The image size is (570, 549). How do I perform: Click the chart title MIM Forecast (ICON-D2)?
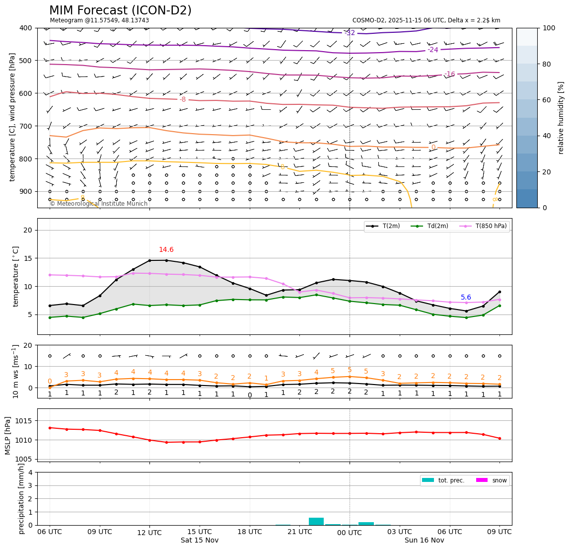[x=120, y=10]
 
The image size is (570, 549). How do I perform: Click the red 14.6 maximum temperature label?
[x=166, y=250]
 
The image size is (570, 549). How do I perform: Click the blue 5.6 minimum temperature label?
[x=466, y=298]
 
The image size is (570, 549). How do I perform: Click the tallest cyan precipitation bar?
[x=316, y=521]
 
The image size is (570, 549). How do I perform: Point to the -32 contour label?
[x=351, y=33]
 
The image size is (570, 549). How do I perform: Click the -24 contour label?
[x=433, y=50]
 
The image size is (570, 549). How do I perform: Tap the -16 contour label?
[x=449, y=74]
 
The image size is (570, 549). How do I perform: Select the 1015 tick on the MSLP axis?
[x=26, y=421]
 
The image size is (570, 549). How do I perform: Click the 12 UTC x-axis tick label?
[x=149, y=533]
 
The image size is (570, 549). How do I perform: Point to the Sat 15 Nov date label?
[x=200, y=541]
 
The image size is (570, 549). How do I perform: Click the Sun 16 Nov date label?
[x=424, y=541]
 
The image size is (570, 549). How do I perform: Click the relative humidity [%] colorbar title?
[x=561, y=118]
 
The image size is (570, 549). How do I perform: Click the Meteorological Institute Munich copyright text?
[x=99, y=204]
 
